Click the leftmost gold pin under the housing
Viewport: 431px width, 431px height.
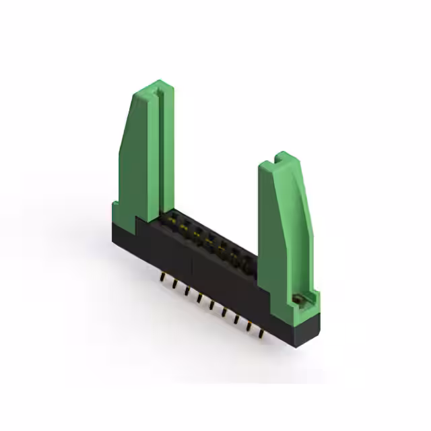(162, 277)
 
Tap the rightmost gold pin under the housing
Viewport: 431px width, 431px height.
(261, 332)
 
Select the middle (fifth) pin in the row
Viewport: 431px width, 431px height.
(211, 304)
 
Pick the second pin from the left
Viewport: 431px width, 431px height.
(174, 284)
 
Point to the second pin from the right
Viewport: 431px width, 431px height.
(248, 325)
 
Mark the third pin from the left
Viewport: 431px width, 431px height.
(187, 291)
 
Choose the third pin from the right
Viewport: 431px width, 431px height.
(236, 319)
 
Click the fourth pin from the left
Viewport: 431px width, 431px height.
(199, 298)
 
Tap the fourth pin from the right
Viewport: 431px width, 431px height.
(224, 312)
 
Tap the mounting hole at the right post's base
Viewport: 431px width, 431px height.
(296, 298)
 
